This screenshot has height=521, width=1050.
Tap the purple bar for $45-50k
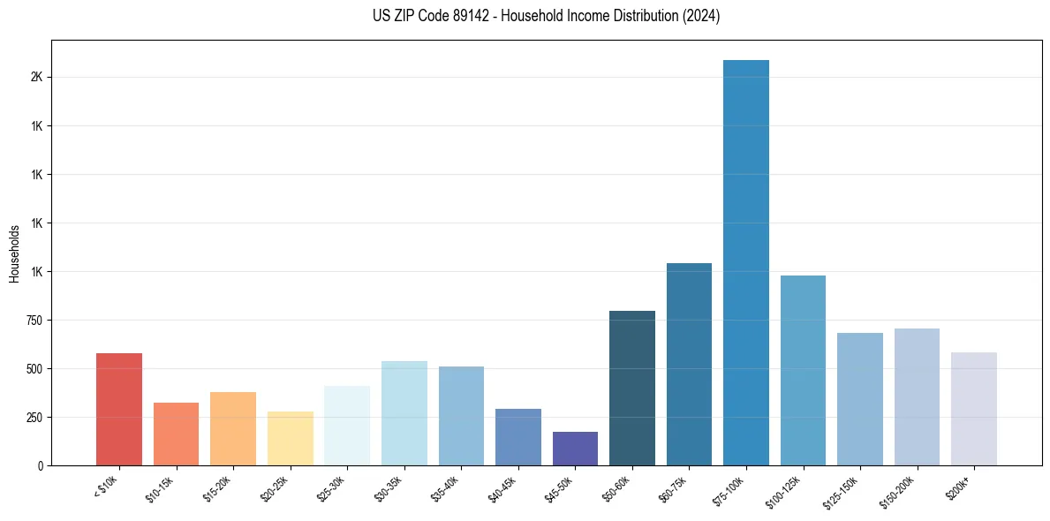pyautogui.click(x=575, y=449)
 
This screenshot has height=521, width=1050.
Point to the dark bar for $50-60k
pyautogui.click(x=632, y=388)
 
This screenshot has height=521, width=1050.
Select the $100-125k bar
pyautogui.click(x=803, y=370)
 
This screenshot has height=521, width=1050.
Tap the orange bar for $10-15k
pyautogui.click(x=177, y=434)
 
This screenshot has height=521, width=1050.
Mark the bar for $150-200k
pyautogui.click(x=917, y=396)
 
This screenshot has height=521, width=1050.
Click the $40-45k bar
pyautogui.click(x=518, y=436)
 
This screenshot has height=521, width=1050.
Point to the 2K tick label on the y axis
pyautogui.click(x=36, y=78)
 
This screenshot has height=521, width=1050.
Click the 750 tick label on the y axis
pyautogui.click(x=34, y=321)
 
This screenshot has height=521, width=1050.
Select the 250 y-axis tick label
pyautogui.click(x=34, y=418)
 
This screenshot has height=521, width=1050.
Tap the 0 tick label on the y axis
pyautogui.click(x=41, y=465)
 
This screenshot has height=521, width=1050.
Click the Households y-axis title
pyautogui.click(x=14, y=253)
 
